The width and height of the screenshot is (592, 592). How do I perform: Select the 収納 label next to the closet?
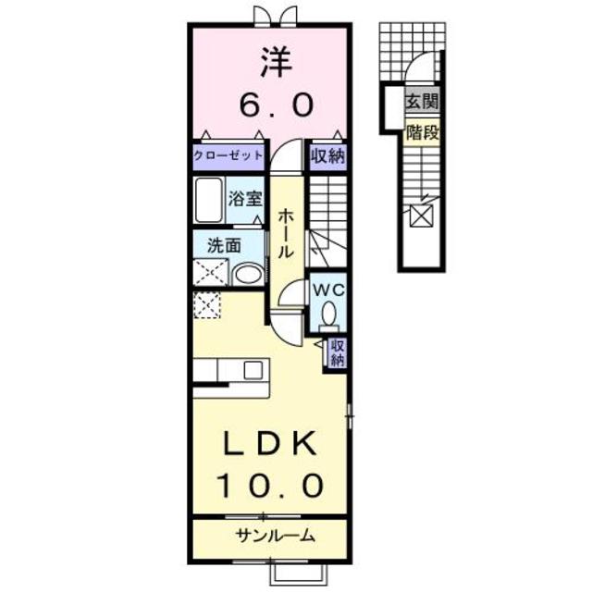(x=327, y=155)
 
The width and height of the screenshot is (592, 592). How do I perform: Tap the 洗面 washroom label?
(x=224, y=245)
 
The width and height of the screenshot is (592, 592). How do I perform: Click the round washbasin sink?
(x=247, y=274)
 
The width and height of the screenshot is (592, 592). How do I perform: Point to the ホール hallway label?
(x=287, y=231)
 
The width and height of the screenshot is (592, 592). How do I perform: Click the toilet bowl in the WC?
(x=327, y=316)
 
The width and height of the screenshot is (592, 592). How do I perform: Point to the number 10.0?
(x=270, y=483)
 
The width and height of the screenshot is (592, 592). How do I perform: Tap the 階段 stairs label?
(x=422, y=132)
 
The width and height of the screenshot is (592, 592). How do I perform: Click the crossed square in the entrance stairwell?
(x=421, y=216)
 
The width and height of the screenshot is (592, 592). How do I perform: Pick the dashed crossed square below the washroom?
(x=208, y=303)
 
